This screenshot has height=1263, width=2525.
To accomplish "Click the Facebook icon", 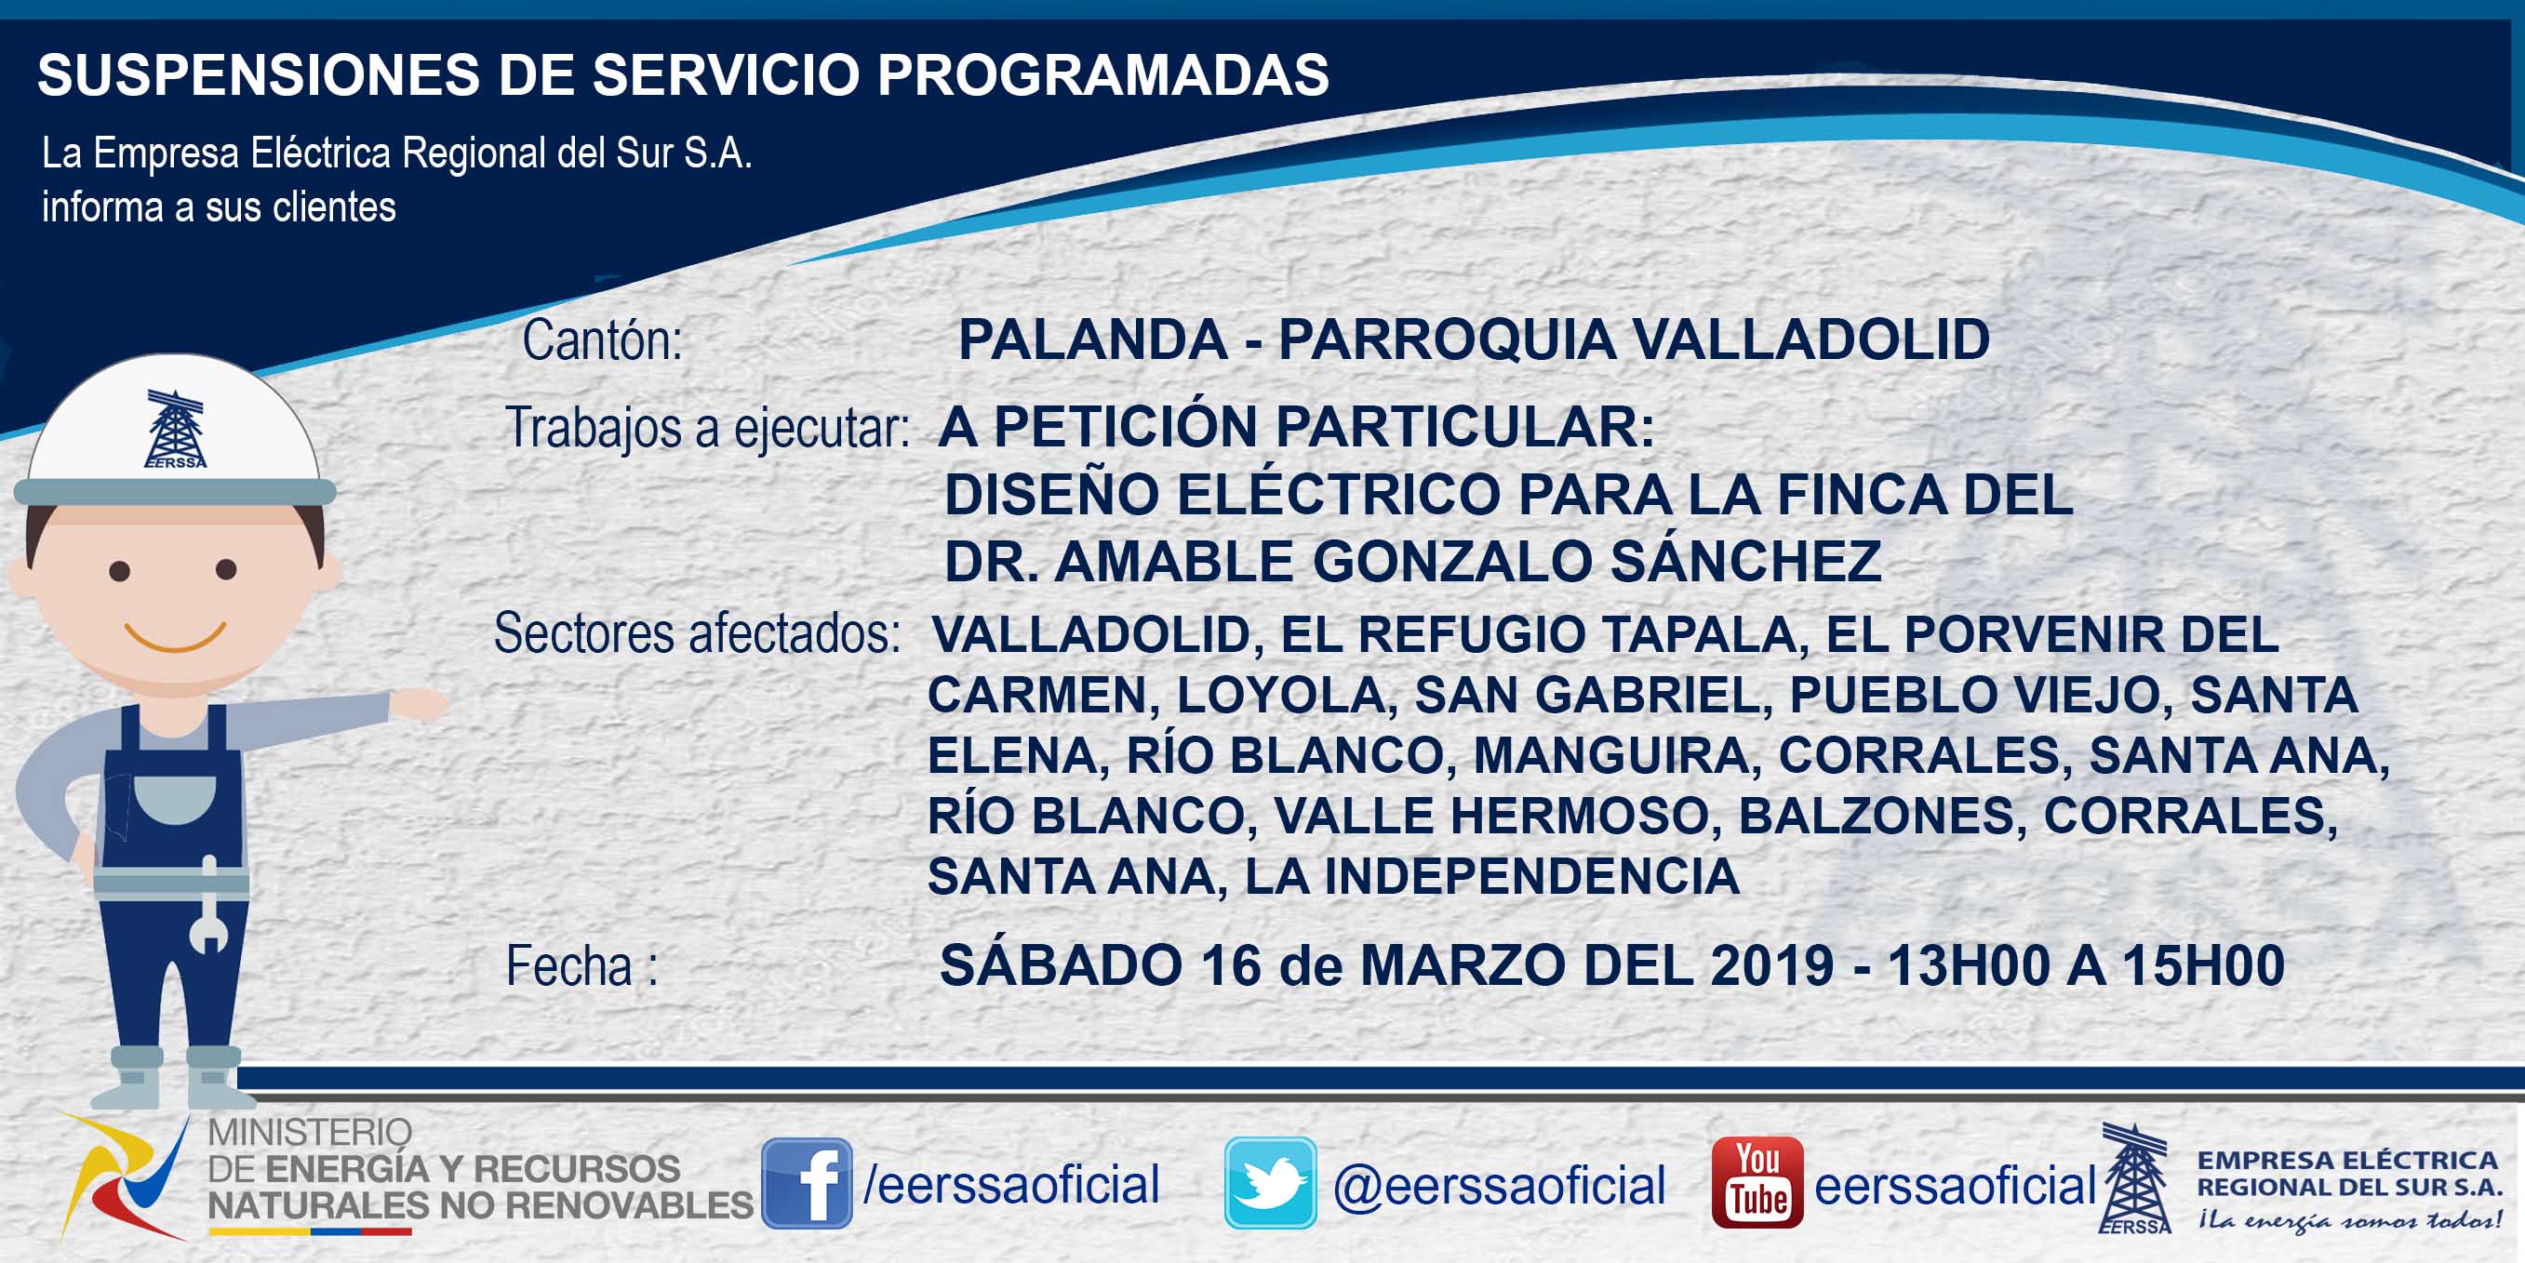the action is click(x=807, y=1184).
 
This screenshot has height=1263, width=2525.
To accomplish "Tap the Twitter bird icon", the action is click(x=1270, y=1184).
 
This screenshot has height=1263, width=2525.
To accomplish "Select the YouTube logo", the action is click(x=1757, y=1183).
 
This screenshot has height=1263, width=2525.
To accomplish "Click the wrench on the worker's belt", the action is click(x=208, y=907).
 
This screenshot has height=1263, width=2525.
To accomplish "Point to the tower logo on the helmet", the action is click(x=176, y=429).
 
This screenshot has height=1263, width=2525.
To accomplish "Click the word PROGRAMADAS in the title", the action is click(x=1102, y=74).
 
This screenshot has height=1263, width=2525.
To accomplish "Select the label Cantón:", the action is click(x=602, y=341).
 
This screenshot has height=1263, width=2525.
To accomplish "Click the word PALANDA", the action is click(x=1093, y=340).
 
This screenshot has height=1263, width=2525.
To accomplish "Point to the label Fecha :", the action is click(x=582, y=966).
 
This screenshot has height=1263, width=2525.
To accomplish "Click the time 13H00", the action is click(x=1969, y=965).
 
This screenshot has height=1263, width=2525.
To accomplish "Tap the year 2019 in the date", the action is click(x=1772, y=965).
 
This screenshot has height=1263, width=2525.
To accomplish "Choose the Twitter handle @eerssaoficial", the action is click(x=1500, y=1186).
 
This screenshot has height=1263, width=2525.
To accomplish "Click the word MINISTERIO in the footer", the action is click(x=310, y=1133).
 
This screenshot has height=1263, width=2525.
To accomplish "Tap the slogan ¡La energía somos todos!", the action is click(x=2350, y=1220).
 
